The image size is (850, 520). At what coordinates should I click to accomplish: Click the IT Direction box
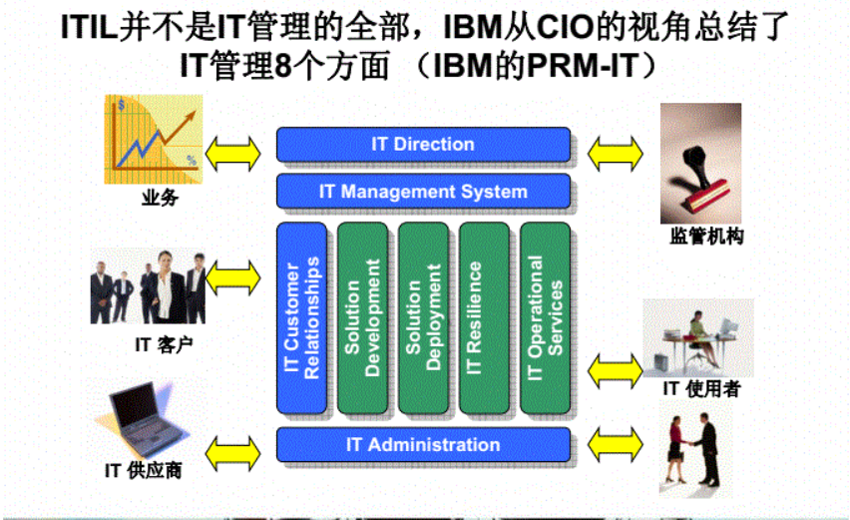(x=423, y=145)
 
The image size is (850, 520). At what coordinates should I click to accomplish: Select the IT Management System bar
(x=423, y=191)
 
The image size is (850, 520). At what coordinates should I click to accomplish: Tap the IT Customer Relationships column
(x=301, y=318)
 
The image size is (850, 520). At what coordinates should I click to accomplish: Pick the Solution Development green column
(x=362, y=318)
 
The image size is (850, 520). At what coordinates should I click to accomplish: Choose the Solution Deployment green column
(x=423, y=318)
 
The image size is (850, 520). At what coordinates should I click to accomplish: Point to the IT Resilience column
(x=484, y=318)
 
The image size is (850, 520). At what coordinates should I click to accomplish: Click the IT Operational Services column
(x=545, y=318)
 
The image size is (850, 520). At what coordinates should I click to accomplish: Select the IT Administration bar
(x=423, y=445)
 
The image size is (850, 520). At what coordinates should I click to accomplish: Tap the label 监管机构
(x=705, y=237)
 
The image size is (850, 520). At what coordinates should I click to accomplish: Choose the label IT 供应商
(x=144, y=469)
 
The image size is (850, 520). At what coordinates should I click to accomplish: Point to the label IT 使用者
(x=701, y=390)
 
